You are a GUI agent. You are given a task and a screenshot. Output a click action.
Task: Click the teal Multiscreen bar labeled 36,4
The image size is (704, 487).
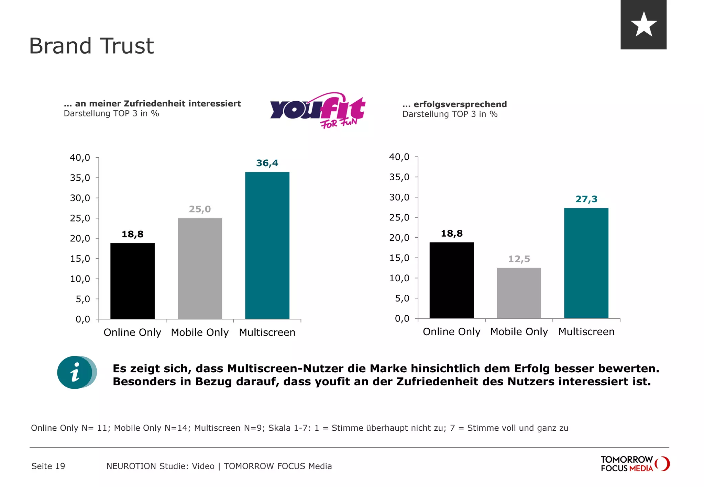click(267, 245)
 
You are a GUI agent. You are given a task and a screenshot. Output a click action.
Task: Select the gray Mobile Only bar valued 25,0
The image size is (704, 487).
click(200, 268)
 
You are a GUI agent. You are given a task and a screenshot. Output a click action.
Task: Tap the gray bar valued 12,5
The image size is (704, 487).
click(519, 293)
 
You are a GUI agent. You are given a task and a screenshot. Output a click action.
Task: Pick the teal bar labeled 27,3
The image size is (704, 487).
click(586, 263)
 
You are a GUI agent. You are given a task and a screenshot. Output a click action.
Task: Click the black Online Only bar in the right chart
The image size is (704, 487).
click(451, 280)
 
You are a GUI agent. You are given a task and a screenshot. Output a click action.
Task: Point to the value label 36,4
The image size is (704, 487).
click(267, 163)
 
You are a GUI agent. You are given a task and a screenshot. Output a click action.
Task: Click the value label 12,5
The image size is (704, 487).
click(519, 259)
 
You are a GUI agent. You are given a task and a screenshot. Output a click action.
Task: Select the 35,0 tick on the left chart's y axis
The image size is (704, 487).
click(80, 178)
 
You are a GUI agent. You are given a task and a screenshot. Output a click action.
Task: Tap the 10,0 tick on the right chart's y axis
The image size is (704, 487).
click(399, 278)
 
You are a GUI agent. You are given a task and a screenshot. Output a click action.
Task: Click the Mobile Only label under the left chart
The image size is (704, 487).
click(200, 332)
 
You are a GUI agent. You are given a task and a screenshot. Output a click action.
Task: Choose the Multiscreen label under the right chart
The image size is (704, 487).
click(586, 332)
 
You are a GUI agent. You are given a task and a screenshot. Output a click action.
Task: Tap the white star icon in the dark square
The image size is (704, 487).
click(643, 24)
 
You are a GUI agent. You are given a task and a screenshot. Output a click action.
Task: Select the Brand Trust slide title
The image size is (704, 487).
click(91, 46)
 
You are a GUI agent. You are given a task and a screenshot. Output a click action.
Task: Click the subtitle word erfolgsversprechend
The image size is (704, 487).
click(460, 104)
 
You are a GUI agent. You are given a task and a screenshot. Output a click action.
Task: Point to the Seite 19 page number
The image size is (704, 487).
click(48, 466)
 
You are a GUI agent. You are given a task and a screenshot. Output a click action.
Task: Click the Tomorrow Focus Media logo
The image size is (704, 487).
click(635, 464)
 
